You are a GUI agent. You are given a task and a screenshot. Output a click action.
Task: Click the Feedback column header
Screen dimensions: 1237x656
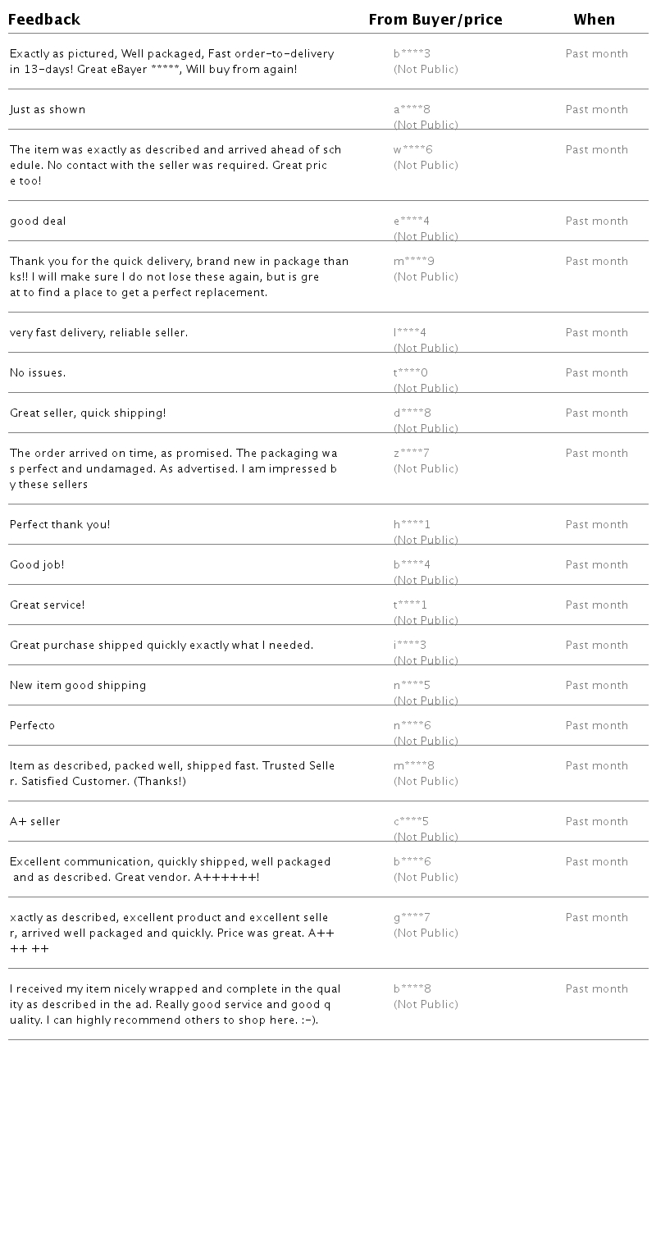pos(44,20)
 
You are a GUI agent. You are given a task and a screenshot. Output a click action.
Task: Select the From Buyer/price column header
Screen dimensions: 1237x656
pos(435,20)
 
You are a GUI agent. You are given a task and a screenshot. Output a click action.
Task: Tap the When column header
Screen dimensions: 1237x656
pos(594,20)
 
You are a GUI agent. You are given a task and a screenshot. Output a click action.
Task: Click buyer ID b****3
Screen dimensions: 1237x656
pos(412,54)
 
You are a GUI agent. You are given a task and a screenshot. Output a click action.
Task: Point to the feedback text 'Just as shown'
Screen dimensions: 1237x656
pos(48,110)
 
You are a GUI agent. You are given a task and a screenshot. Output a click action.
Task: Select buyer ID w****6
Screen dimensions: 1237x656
pos(412,150)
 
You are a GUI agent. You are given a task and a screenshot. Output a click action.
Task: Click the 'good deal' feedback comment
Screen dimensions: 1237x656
pos(38,221)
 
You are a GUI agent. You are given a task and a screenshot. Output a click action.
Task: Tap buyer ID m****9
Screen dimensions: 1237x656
pos(413,262)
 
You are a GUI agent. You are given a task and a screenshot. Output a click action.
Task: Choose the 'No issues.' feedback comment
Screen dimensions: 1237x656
pos(38,373)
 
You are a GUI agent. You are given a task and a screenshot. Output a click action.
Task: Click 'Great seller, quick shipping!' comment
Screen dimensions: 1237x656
pos(88,413)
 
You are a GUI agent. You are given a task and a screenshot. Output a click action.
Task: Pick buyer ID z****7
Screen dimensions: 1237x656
pos(411,454)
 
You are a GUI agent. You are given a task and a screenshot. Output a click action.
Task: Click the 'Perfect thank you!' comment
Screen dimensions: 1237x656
pos(60,525)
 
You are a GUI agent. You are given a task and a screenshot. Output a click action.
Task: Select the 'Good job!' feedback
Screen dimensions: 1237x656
pos(37,565)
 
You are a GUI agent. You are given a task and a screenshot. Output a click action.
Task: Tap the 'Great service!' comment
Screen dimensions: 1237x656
pos(48,605)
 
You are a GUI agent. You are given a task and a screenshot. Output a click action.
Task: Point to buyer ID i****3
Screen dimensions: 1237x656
pos(410,646)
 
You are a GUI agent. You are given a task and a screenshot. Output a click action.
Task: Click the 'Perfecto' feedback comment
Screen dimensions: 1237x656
pos(33,726)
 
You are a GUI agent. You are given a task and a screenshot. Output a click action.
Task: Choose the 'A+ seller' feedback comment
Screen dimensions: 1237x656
pos(35,822)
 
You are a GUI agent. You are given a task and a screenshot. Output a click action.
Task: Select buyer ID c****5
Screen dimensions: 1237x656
pos(411,822)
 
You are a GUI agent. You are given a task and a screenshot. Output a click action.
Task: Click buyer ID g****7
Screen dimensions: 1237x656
pos(412,918)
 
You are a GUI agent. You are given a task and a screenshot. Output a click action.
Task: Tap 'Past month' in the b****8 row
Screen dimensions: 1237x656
pos(596,989)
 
